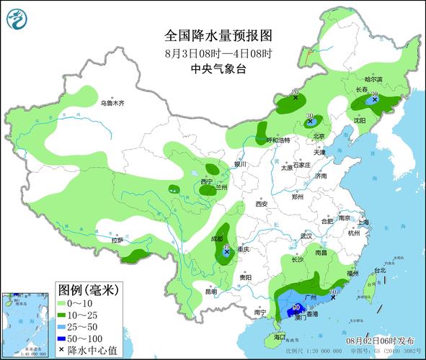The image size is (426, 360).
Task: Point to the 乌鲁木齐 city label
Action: tap(112, 104)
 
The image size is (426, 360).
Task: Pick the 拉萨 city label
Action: tap(117, 240)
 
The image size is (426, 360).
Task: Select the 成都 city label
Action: tap(217, 238)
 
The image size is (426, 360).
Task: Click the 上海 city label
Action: tap(362, 222)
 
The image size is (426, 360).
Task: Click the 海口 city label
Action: tap(280, 337)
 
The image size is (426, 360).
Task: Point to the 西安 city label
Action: tap(261, 204)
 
